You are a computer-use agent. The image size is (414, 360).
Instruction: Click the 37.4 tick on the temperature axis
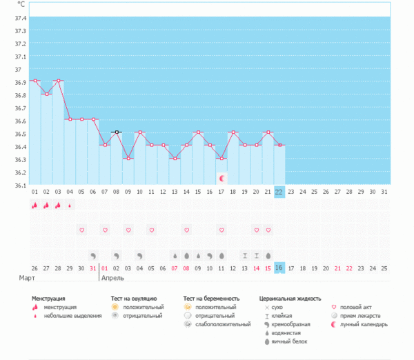(20, 18)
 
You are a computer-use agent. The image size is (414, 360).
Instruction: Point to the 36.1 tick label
(20, 186)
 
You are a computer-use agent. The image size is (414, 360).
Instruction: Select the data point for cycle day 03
(59, 81)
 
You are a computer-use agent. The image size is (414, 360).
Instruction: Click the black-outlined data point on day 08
(117, 132)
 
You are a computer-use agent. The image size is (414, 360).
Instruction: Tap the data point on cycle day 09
(128, 159)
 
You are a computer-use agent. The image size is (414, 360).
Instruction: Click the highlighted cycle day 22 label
(279, 192)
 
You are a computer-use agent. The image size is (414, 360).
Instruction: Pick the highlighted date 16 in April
(279, 268)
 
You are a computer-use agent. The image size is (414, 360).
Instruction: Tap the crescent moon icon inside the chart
(222, 179)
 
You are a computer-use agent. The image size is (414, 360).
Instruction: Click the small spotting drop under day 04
(70, 206)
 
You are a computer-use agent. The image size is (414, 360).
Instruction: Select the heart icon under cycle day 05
(82, 230)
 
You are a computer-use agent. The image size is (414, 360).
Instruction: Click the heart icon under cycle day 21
(268, 230)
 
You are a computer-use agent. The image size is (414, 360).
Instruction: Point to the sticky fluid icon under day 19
(245, 256)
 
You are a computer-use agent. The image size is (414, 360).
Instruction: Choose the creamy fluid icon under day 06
(93, 256)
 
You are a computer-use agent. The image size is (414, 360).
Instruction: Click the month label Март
(27, 278)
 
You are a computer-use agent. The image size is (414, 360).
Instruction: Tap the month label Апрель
(112, 278)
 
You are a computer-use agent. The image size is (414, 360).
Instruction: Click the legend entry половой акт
(355, 307)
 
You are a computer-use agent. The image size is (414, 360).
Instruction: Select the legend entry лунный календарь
(364, 324)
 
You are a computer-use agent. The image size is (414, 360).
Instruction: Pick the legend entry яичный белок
(289, 341)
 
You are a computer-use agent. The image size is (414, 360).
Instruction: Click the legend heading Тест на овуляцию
(134, 299)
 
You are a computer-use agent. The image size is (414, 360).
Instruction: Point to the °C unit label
(21, 4)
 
